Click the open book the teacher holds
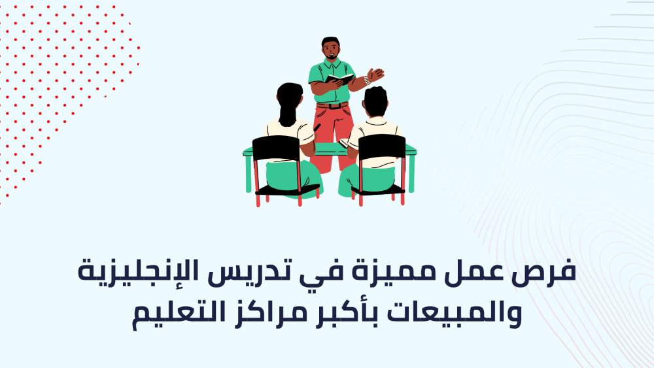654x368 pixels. (x=339, y=78)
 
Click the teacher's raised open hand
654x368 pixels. (x=375, y=75)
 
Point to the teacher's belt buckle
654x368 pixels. (x=332, y=106)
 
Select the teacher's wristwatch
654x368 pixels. (x=367, y=80)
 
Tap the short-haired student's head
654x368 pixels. (x=375, y=101)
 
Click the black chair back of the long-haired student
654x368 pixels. (x=276, y=148)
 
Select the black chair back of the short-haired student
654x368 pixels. (x=382, y=147)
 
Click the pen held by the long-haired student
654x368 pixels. (x=317, y=127)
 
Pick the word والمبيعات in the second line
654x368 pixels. (x=454, y=314)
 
